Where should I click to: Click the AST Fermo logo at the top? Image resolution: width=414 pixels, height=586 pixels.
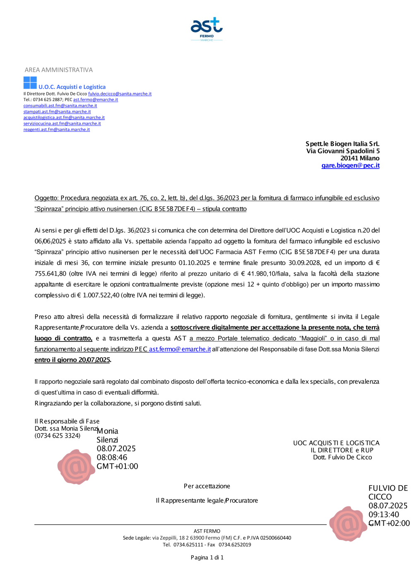pyautogui.click(x=207, y=29)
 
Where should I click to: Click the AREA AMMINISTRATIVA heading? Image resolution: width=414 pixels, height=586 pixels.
pyautogui.click(x=58, y=70)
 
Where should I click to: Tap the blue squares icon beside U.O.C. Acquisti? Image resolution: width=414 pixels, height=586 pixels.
pyautogui.click(x=30, y=82)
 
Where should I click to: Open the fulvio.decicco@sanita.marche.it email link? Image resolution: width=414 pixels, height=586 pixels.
pyautogui.click(x=120, y=94)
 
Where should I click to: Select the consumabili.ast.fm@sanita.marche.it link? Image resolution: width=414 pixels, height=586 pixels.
pyautogui.click(x=60, y=106)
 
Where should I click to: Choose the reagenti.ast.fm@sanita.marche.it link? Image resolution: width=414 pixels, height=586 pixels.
pyautogui.click(x=56, y=129)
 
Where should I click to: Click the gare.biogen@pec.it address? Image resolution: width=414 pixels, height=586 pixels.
pyautogui.click(x=350, y=165)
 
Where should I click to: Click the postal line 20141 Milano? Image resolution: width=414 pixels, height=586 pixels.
pyautogui.click(x=360, y=158)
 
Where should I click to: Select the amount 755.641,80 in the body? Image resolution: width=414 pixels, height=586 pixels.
pyautogui.click(x=50, y=274)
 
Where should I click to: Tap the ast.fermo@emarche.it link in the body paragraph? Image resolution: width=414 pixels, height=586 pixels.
pyautogui.click(x=180, y=349)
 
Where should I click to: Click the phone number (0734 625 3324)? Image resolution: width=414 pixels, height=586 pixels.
pyautogui.click(x=57, y=436)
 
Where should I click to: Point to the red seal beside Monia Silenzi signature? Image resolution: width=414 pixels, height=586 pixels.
pyautogui.click(x=76, y=467)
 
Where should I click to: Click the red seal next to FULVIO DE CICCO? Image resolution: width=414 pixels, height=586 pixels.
pyautogui.click(x=348, y=523)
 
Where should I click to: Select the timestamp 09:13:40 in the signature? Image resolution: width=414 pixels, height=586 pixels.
pyautogui.click(x=384, y=514)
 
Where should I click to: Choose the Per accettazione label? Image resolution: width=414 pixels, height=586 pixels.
pyautogui.click(x=207, y=486)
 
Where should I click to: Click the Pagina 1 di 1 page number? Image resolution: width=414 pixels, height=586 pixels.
pyautogui.click(x=207, y=557)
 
